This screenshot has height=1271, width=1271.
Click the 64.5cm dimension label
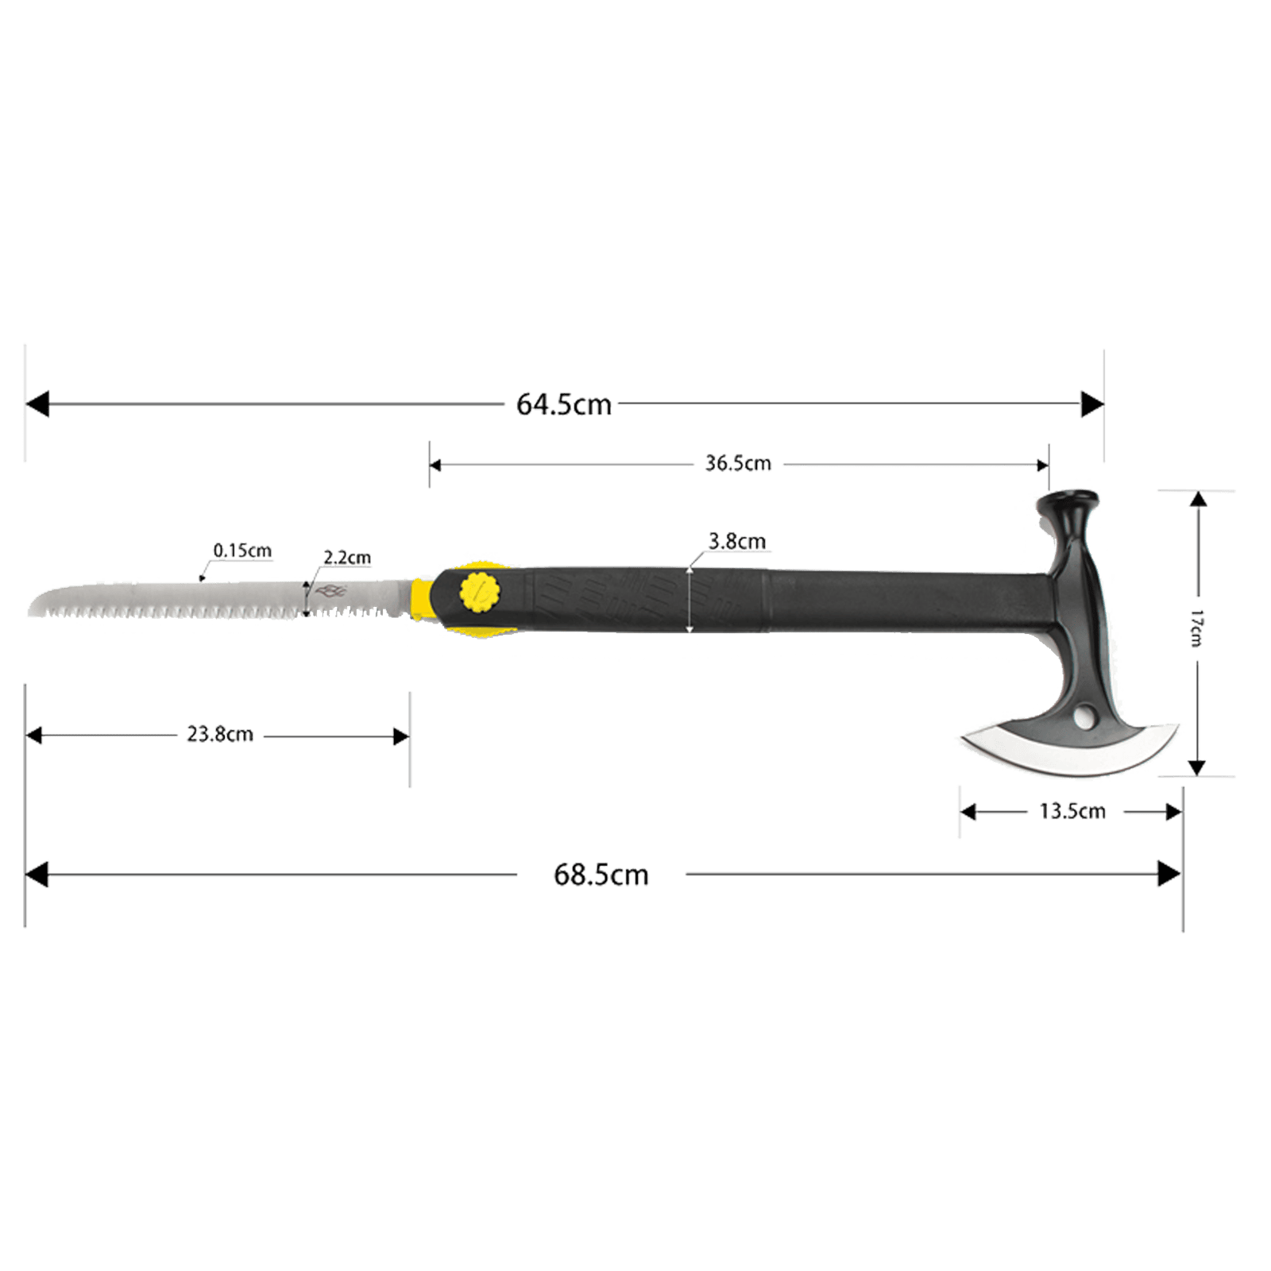pyautogui.click(x=564, y=404)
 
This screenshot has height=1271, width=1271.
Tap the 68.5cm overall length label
pyautogui.click(x=601, y=875)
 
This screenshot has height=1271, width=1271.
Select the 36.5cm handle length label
pyautogui.click(x=738, y=463)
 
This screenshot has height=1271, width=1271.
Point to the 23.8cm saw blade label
pyautogui.click(x=220, y=734)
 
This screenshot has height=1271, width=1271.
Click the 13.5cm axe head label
pyautogui.click(x=1072, y=811)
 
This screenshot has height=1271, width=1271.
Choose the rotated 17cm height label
pyautogui.click(x=1196, y=628)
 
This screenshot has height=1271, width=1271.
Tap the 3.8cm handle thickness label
pyautogui.click(x=737, y=541)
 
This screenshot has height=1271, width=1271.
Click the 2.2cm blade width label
pyautogui.click(x=347, y=557)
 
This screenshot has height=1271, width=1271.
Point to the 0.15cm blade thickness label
pyautogui.click(x=242, y=550)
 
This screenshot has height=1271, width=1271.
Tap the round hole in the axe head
pyautogui.click(x=1083, y=719)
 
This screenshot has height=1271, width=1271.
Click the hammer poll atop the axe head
pyautogui.click(x=1068, y=508)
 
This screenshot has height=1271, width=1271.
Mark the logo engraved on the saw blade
pyautogui.click(x=330, y=591)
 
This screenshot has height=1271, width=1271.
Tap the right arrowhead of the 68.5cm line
pyautogui.click(x=1169, y=875)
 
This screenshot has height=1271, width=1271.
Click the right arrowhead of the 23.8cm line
pyautogui.click(x=401, y=736)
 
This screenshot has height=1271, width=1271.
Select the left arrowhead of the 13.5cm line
pyautogui.click(x=968, y=812)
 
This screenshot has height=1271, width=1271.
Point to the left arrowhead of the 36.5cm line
pyautogui.click(x=435, y=465)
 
